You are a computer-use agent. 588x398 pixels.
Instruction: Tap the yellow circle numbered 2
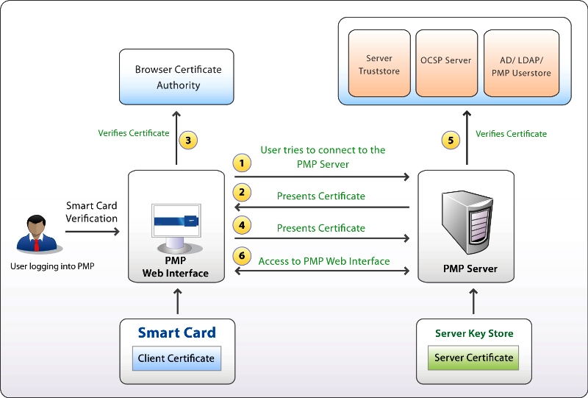(x=242, y=193)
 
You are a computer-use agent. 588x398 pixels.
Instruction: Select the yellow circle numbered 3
(x=188, y=140)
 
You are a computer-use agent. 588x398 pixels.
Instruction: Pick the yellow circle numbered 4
(x=242, y=225)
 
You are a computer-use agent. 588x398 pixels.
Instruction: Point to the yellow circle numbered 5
(x=453, y=139)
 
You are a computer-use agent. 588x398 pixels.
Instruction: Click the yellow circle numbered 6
(x=242, y=257)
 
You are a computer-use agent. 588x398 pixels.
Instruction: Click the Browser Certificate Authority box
(x=178, y=77)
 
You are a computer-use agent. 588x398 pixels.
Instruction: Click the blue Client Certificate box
(x=176, y=359)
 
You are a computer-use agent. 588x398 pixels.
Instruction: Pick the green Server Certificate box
(x=473, y=358)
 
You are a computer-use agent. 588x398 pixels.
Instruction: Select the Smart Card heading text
(x=177, y=333)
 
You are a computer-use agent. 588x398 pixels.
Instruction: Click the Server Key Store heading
(x=474, y=333)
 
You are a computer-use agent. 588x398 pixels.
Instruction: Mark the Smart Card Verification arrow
(x=93, y=231)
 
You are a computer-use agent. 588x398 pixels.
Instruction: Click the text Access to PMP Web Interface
(x=324, y=261)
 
